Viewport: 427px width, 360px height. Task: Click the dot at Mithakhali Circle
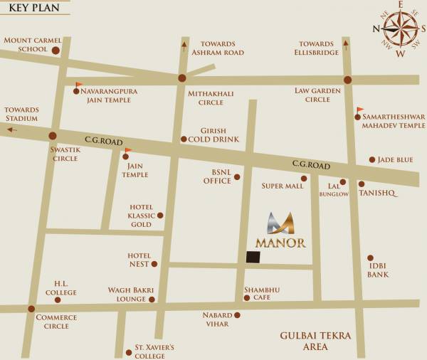182,78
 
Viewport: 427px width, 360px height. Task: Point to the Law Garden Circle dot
347,80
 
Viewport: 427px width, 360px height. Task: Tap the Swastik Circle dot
53,135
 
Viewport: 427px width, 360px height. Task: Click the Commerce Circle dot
31,309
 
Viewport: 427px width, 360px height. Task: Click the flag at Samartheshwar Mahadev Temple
359,110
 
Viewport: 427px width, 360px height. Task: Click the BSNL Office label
216,176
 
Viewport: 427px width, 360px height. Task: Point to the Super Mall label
283,186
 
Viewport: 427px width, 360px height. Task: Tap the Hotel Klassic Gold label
140,215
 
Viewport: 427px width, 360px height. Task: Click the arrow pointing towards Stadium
11,129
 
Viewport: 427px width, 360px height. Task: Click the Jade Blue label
395,160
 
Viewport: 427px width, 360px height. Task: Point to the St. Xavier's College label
154,351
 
